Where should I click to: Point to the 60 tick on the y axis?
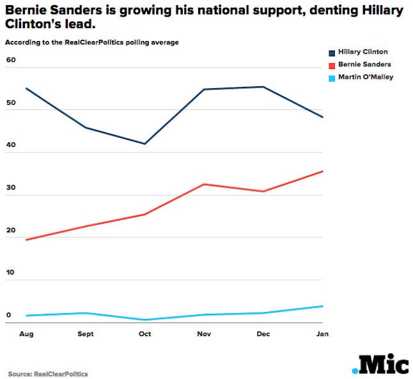click(x=10, y=60)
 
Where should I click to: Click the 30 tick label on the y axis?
click(x=10, y=188)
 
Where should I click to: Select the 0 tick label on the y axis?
click(x=9, y=315)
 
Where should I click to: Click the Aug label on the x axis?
click(x=26, y=334)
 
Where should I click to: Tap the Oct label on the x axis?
click(x=144, y=334)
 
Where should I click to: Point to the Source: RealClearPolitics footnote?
click(x=48, y=374)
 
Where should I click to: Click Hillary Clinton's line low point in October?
click(x=144, y=144)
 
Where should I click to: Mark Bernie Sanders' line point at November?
click(x=204, y=184)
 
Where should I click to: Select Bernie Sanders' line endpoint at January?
click(x=323, y=171)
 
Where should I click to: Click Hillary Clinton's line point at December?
click(x=263, y=87)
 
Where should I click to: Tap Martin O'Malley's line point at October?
click(x=144, y=320)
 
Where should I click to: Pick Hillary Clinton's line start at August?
click(x=26, y=88)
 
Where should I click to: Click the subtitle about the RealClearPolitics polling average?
click(x=91, y=42)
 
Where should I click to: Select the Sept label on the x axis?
click(x=85, y=334)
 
